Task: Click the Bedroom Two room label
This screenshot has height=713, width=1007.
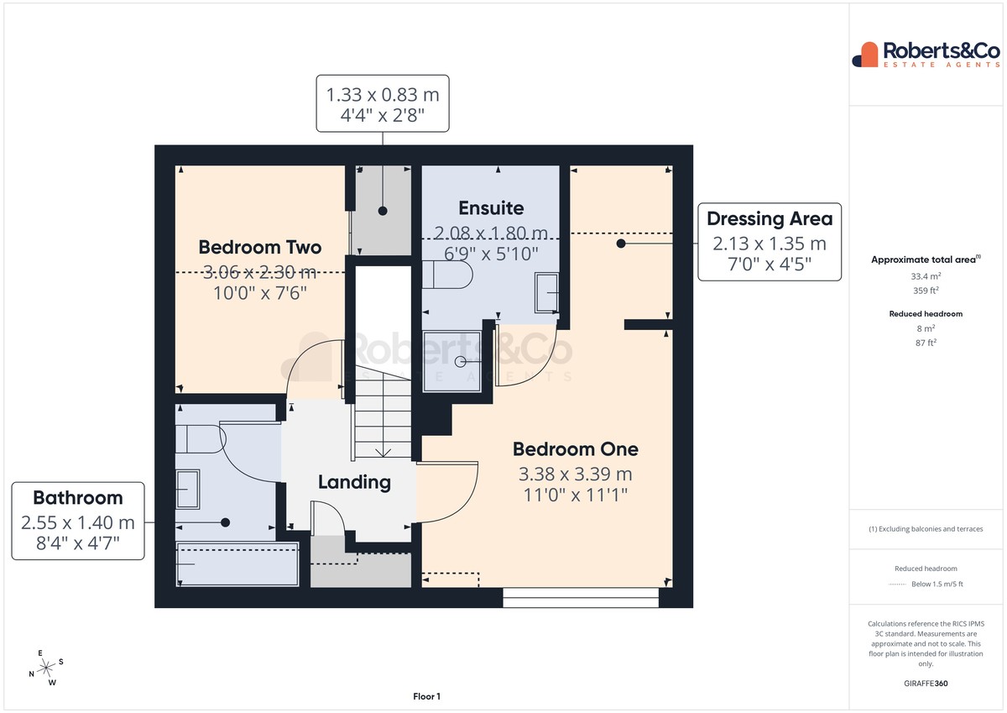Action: coord(260,247)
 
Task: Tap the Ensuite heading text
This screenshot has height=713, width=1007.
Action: coord(491,207)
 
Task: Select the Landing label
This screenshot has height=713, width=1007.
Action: coord(354,482)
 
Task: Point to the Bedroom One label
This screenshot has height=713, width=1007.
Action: coord(576,449)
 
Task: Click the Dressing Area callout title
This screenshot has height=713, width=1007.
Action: coord(770,218)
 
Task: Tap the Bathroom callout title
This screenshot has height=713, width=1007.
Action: coord(78,497)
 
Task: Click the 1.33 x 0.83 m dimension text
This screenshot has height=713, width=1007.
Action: coord(383,95)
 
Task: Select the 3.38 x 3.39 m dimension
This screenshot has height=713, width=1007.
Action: coord(576,474)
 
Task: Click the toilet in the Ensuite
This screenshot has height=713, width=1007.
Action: coord(447,275)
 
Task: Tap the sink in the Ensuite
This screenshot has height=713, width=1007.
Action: coord(546,292)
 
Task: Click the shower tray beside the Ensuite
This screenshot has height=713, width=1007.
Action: coord(451,361)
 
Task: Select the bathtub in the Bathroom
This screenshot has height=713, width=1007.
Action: coord(237,564)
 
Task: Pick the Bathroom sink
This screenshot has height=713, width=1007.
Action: coord(187,489)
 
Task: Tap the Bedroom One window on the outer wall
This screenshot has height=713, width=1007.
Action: coord(581,598)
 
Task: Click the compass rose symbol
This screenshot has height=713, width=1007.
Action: coord(46,668)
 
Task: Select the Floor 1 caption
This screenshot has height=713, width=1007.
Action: coord(426,696)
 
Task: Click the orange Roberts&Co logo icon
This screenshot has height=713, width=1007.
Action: coord(865,55)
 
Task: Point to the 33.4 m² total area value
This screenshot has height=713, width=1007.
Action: coord(926,276)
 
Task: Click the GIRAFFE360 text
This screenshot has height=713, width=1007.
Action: coord(926,684)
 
